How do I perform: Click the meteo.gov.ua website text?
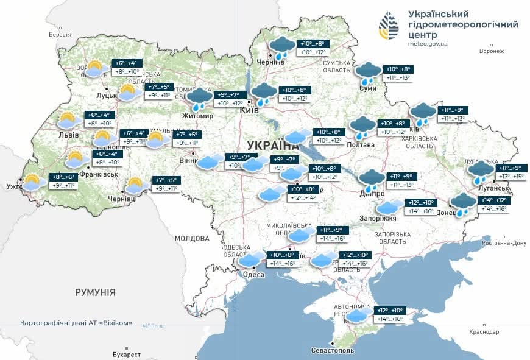click(428, 44)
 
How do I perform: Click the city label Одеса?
click(253, 275)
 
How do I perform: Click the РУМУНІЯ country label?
click(95, 292)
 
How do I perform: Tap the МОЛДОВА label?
click(192, 238)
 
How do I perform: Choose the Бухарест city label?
click(127, 354)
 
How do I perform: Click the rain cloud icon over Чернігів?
click(282, 47)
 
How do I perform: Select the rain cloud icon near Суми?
click(368, 72)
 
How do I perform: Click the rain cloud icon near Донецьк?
click(464, 204)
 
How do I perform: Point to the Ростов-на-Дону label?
click(503, 243)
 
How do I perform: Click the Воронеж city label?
click(492, 51)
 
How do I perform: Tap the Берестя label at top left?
click(60, 35)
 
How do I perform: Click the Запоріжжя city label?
click(382, 218)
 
